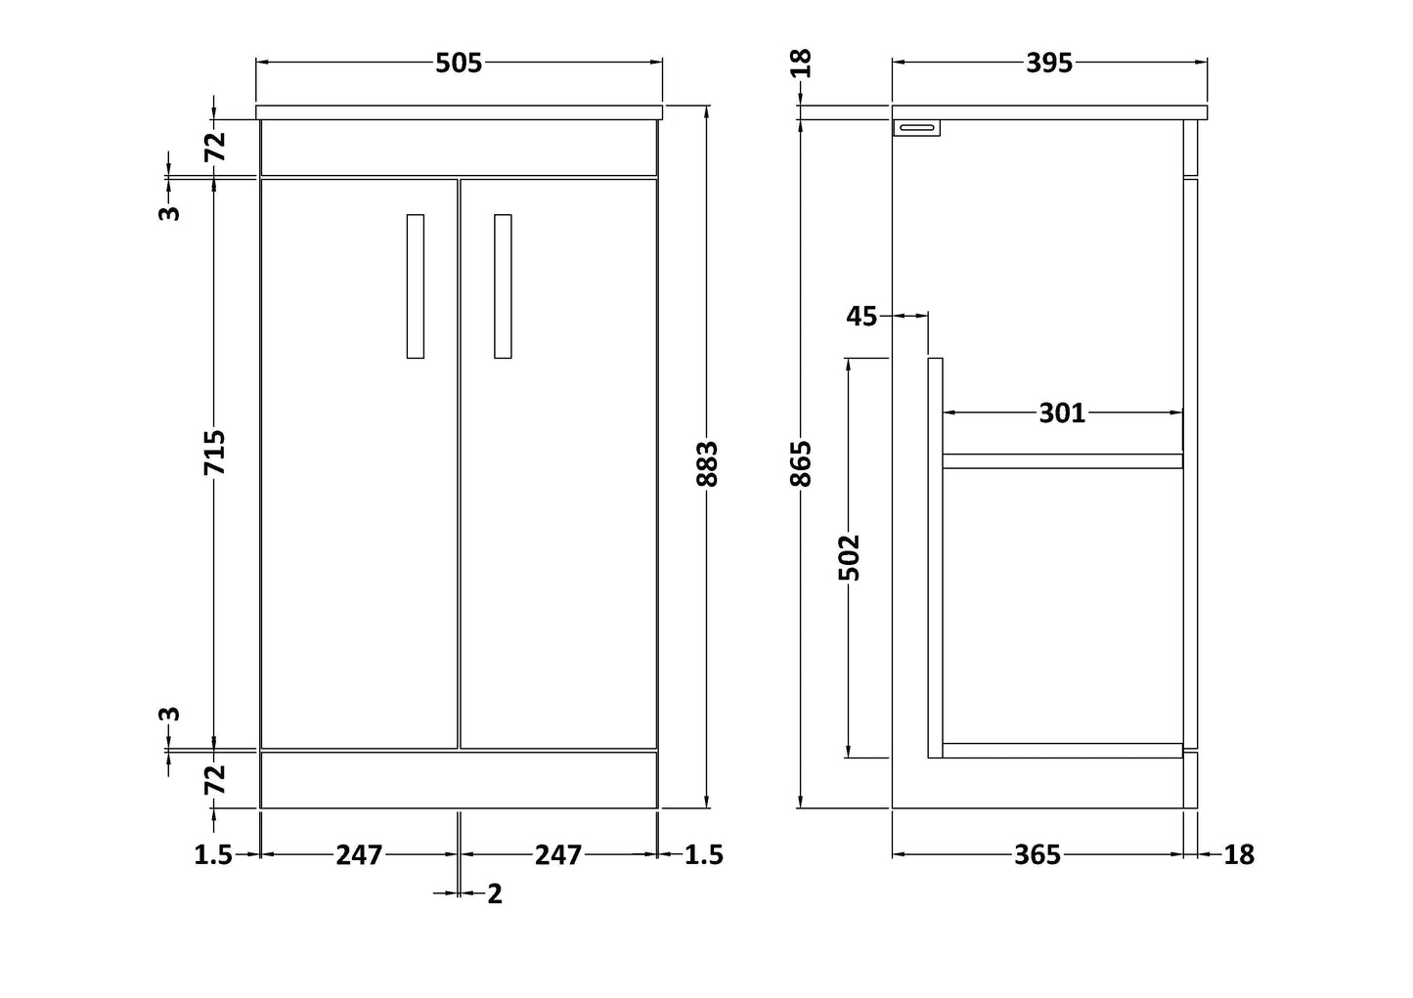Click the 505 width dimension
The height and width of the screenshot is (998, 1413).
(459, 64)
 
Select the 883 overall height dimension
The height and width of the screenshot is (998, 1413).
(708, 463)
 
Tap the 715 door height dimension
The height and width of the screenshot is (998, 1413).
(215, 453)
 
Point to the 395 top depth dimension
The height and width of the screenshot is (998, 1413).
(1048, 64)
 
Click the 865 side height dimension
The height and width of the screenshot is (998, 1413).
(801, 463)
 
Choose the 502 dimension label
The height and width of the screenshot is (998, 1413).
(850, 557)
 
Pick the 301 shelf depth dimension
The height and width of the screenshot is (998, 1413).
(1062, 413)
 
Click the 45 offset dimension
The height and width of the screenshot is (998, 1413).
(861, 316)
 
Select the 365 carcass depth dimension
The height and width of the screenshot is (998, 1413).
(1037, 855)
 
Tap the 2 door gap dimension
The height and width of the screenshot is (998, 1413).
(494, 893)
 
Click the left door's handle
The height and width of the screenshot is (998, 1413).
(416, 286)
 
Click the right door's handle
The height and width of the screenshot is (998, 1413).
(503, 286)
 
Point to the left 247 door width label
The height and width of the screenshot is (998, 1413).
(359, 855)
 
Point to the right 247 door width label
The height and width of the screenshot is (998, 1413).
(557, 855)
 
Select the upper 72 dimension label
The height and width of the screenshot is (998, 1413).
(215, 146)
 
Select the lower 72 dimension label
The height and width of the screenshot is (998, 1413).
(215, 779)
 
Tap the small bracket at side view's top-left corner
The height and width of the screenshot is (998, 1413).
(917, 127)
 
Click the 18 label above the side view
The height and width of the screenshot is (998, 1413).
(801, 64)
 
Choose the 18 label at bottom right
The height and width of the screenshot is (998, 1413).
(1238, 855)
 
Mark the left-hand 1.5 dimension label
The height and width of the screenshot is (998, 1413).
(213, 855)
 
